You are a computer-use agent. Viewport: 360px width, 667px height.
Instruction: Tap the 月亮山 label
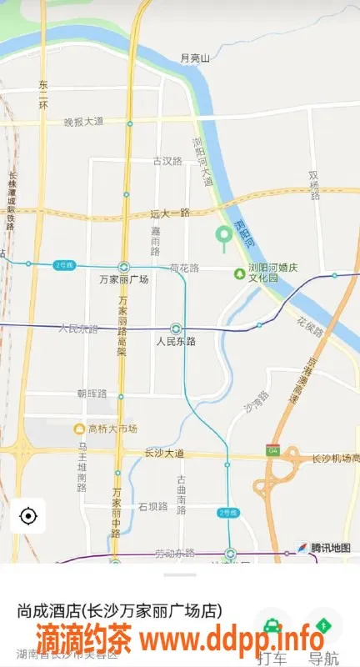tap(196, 58)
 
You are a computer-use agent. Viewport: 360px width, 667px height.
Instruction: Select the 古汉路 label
tap(167, 161)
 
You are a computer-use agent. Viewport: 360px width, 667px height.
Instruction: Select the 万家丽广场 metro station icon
tap(123, 268)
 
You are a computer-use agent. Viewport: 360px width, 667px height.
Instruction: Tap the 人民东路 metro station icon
tap(176, 328)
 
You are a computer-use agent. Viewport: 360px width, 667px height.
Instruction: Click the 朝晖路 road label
tap(92, 393)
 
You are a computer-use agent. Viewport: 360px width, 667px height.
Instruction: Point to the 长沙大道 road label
tap(163, 454)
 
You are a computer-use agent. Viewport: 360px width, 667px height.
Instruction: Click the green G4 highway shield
tap(272, 450)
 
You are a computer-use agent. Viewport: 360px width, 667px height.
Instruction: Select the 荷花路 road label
tap(184, 268)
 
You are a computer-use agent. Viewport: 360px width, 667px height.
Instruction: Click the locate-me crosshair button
tap(27, 516)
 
